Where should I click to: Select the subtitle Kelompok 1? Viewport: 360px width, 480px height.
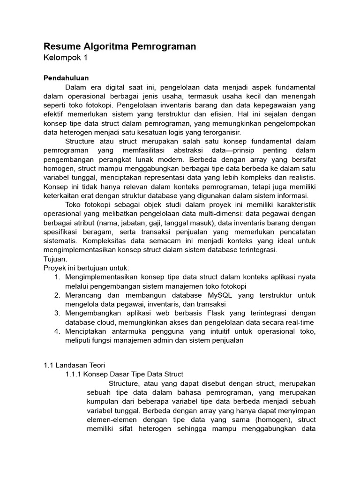pyautogui.click(x=65, y=58)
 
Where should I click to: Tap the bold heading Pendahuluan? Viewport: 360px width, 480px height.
pyautogui.click(x=66, y=78)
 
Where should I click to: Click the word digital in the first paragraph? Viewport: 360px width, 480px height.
pyautogui.click(x=124, y=88)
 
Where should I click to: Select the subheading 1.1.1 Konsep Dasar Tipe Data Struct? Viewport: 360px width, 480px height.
pyautogui.click(x=124, y=374)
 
